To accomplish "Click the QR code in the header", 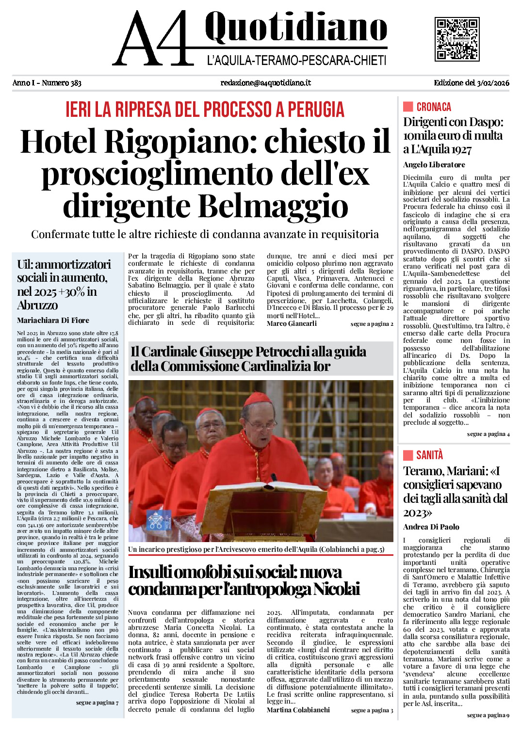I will pyautogui.click(x=457, y=39).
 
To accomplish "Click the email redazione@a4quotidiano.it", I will pyautogui.click(x=265, y=83).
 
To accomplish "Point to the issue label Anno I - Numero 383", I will pyautogui.click(x=47, y=83).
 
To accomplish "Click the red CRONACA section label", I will pyautogui.click(x=433, y=107).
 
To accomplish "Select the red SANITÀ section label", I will pyautogui.click(x=429, y=455).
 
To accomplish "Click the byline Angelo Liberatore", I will pyautogui.click(x=434, y=165).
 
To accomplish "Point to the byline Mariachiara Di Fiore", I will pyautogui.click(x=53, y=320).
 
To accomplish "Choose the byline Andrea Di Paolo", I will pyautogui.click(x=431, y=527).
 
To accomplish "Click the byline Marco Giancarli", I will pyautogui.click(x=292, y=323).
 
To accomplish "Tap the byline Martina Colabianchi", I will pyautogui.click(x=298, y=710).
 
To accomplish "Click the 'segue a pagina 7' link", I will pyautogui.click(x=97, y=702).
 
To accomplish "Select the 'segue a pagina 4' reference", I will pyautogui.click(x=488, y=434).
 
